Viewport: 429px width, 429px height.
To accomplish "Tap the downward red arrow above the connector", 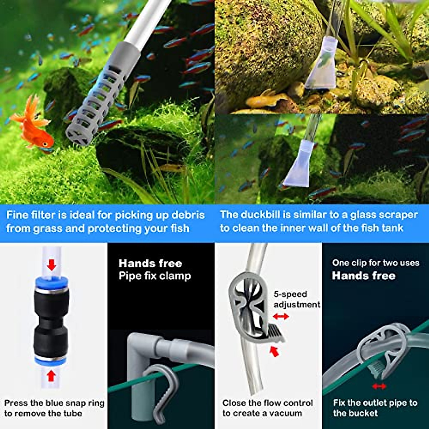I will (x=52, y=265).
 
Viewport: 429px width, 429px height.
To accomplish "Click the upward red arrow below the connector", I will (x=51, y=375).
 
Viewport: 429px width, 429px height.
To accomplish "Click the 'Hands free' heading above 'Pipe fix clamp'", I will (x=150, y=263).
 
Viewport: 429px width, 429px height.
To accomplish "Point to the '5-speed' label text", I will (x=290, y=294).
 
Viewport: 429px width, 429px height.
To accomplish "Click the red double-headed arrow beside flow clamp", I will (x=281, y=316).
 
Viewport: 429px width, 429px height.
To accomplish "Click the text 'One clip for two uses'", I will (x=375, y=263).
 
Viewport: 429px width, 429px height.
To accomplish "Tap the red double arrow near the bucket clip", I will (x=379, y=386).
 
